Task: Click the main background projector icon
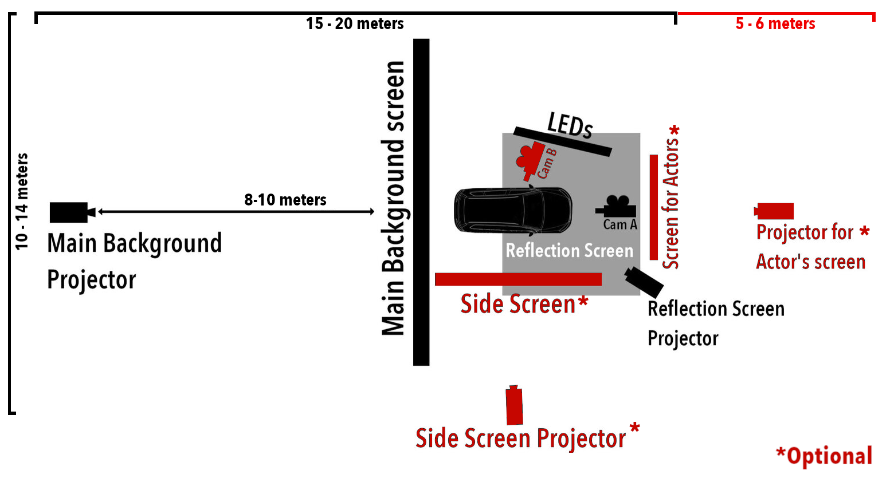(70, 212)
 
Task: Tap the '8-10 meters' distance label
(285, 200)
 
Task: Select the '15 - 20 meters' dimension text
(355, 23)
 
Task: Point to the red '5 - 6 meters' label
(775, 23)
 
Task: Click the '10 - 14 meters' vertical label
(21, 202)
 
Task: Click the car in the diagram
(512, 211)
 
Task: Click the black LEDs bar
(562, 141)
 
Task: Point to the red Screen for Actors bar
(653, 207)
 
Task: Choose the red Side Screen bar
(518, 279)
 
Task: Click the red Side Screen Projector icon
(514, 405)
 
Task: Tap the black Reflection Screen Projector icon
(644, 280)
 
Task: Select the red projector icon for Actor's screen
(775, 211)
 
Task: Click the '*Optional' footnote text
(824, 456)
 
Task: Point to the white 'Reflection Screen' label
(569, 251)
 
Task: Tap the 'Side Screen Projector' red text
(520, 438)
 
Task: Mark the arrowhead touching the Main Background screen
(371, 212)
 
